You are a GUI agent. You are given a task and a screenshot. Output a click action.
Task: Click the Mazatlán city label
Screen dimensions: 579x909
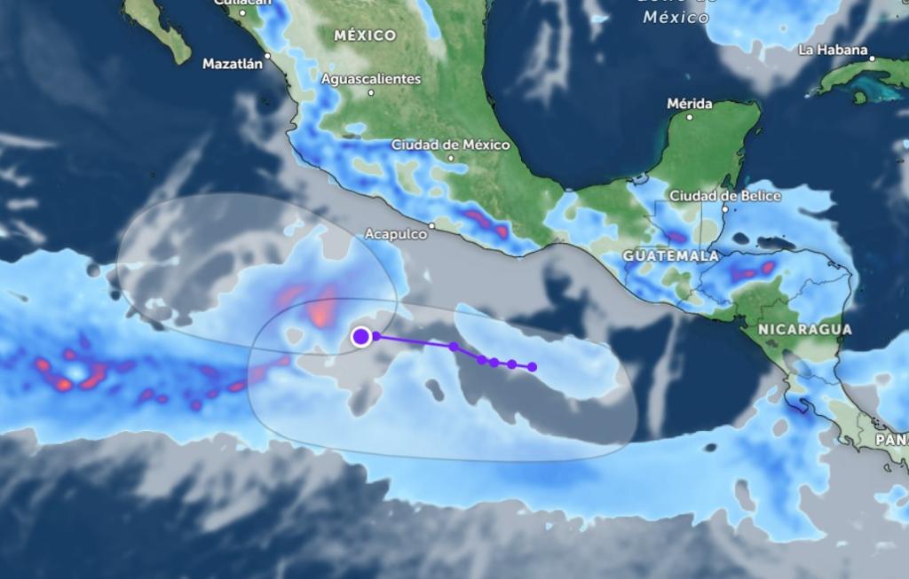click(x=233, y=64)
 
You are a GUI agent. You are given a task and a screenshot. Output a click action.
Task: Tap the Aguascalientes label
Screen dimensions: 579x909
click(x=371, y=79)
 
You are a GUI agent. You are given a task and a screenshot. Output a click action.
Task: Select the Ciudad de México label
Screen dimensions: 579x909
click(x=451, y=145)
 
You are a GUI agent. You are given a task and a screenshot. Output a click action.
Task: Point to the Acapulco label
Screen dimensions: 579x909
click(x=396, y=235)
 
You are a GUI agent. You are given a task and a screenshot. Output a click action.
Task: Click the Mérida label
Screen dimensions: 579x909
click(x=690, y=104)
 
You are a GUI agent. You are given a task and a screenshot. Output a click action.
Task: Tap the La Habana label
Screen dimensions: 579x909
click(x=832, y=50)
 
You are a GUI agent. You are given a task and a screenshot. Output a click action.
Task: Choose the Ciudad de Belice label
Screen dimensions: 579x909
click(x=724, y=195)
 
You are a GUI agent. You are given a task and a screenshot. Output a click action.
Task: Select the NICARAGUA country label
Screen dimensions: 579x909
click(x=805, y=329)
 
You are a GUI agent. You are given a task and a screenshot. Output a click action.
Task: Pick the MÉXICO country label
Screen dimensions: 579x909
click(x=365, y=35)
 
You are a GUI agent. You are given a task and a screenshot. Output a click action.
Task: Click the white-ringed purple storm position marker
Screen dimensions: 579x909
click(x=360, y=336)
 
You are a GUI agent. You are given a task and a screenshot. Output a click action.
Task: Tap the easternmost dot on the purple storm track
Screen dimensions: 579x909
click(x=533, y=367)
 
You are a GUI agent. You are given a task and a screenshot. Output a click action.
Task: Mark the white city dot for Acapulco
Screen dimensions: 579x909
click(x=432, y=226)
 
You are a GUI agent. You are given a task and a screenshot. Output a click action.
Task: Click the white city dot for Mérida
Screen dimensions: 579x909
click(x=690, y=115)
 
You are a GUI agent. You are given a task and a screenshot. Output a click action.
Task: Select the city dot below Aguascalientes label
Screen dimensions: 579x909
click(x=371, y=92)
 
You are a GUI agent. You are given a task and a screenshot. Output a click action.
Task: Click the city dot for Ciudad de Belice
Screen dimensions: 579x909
click(x=724, y=208)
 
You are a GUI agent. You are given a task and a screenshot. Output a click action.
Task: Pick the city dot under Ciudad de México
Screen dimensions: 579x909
click(x=451, y=158)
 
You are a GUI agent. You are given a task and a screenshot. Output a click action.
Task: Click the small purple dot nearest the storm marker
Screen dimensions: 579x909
click(x=376, y=336)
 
